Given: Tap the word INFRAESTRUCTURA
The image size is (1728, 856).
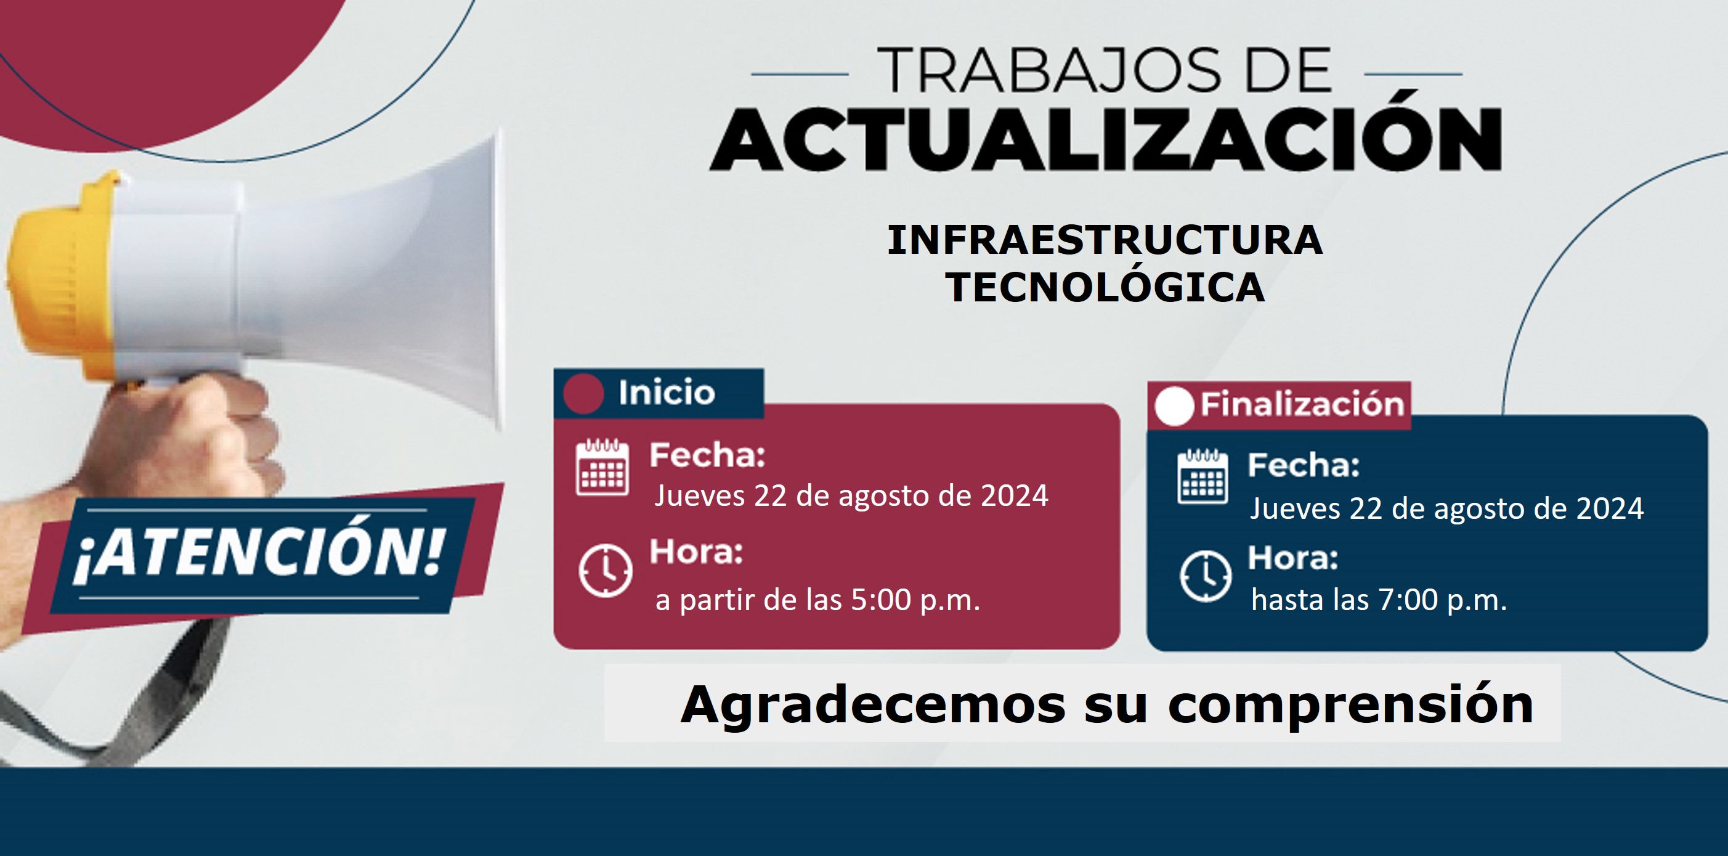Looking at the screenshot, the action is click(x=1105, y=240).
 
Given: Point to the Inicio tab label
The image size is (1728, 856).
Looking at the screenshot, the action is click(x=667, y=393).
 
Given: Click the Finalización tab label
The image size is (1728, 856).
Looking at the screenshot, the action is click(x=1302, y=404).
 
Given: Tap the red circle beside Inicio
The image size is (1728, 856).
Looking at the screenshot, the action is click(x=583, y=393).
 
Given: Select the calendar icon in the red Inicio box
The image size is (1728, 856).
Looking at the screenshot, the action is click(x=602, y=467).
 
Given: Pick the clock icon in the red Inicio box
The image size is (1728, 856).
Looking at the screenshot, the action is click(x=605, y=571).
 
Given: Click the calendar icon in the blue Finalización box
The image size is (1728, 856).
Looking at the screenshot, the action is click(x=1203, y=476).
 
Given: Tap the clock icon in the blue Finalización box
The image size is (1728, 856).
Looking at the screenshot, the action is click(x=1206, y=576).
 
